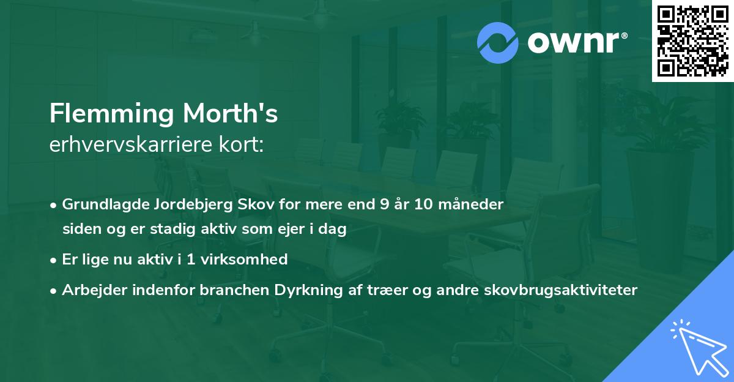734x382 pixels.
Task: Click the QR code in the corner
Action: point(692,41)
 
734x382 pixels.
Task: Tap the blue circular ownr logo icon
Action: point(498,43)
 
